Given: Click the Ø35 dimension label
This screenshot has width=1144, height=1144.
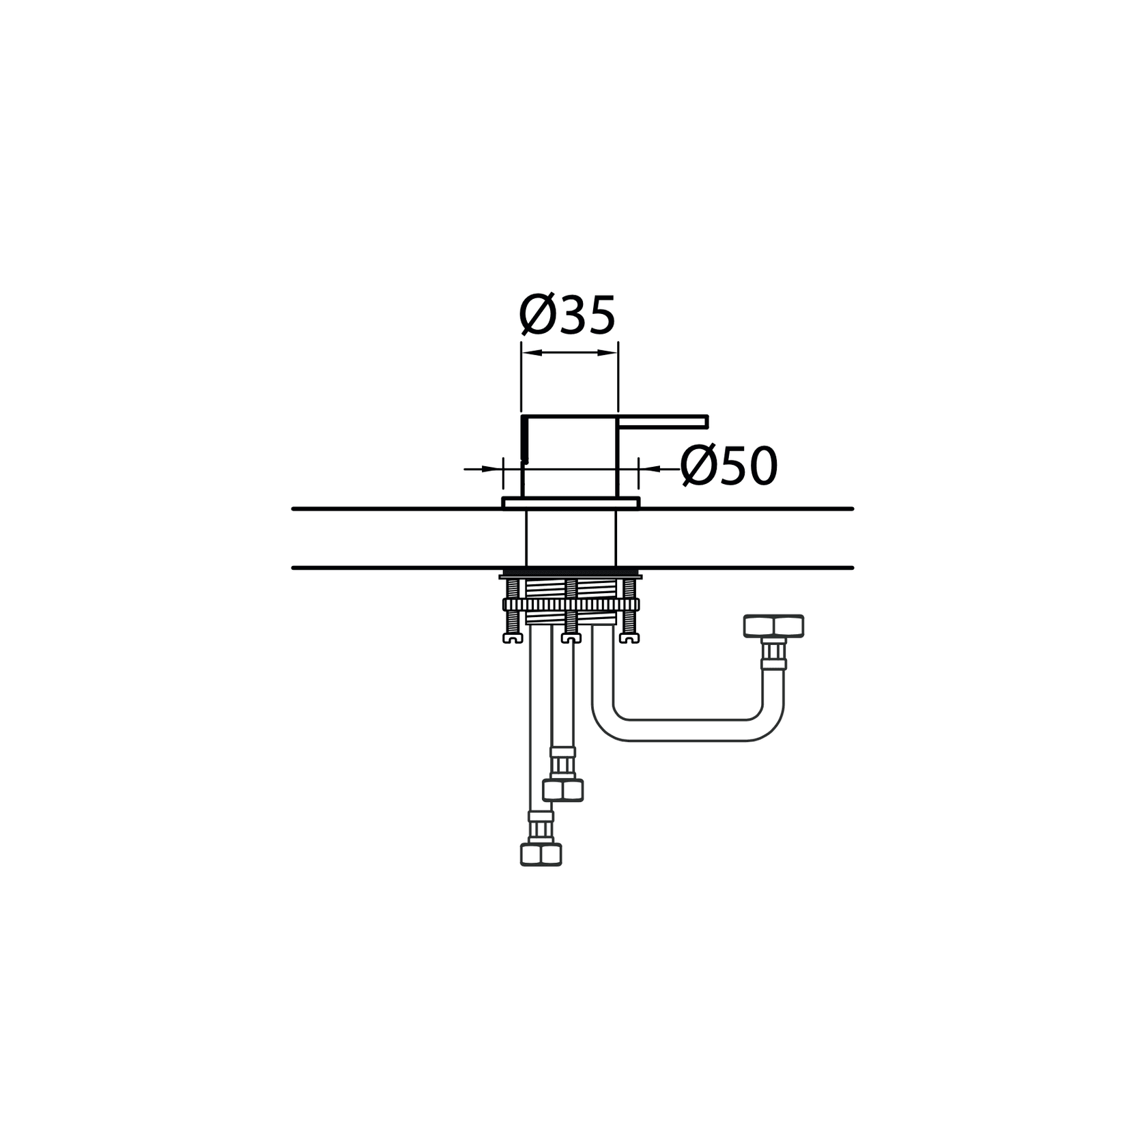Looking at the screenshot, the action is (567, 316).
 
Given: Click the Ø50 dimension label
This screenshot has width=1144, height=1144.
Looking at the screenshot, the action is (729, 466).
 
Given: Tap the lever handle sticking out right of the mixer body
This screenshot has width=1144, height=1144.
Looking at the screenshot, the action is (663, 421).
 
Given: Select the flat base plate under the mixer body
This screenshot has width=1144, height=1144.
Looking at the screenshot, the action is (571, 503).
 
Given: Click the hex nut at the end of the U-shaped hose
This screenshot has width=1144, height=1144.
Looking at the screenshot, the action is (773, 626).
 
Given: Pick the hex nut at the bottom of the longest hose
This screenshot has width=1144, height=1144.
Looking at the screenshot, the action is (541, 854).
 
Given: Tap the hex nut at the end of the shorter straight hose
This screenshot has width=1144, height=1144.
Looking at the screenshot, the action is (563, 790).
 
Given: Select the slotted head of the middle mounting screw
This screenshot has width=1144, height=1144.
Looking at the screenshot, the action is (570, 638).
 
